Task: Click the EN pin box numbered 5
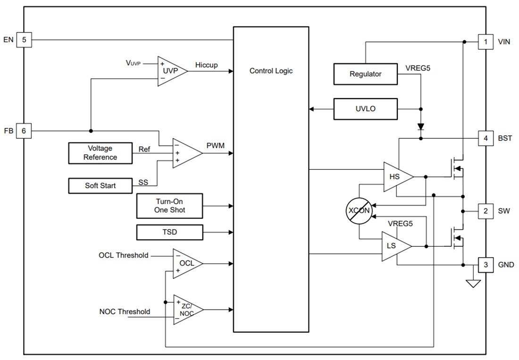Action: coord(24,40)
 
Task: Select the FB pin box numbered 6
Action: coord(24,131)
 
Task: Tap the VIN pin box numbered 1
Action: coord(486,42)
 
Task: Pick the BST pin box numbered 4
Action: coord(486,139)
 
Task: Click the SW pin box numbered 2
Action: coord(486,211)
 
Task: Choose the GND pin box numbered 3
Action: coord(486,265)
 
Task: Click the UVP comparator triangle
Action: coord(170,70)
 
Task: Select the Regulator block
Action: coord(365,74)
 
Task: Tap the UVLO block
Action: coord(365,109)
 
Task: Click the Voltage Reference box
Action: coord(100,153)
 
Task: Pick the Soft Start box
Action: coord(100,185)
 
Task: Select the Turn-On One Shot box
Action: coord(169,206)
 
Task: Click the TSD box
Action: coord(169,232)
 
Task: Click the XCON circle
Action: coord(359,210)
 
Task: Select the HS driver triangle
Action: coord(396,177)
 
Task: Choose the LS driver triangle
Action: coord(394,246)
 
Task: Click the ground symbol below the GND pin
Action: coord(473,283)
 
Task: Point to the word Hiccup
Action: coord(206,65)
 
